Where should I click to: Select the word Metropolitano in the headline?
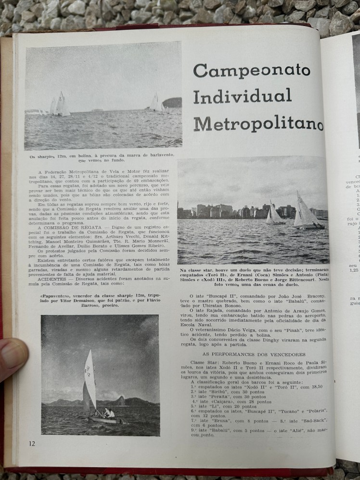click(x=258, y=124)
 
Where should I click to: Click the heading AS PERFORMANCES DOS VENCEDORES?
click(x=251, y=354)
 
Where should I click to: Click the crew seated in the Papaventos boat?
click(x=108, y=413)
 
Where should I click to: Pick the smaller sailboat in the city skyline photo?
click(x=274, y=215)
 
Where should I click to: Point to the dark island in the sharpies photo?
click(x=172, y=103)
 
